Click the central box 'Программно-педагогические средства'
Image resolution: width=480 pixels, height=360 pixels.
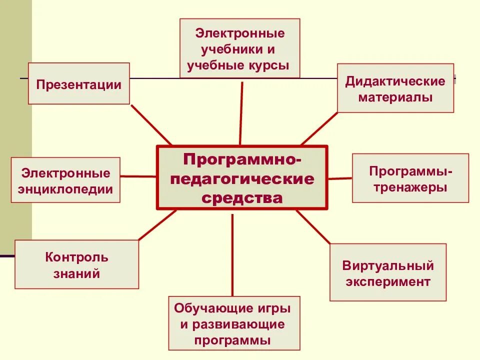(x=242, y=177)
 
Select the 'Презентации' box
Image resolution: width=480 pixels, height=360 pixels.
(x=78, y=83)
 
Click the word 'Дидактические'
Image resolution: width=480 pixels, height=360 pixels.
(x=395, y=81)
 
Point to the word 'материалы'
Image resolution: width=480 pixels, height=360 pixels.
(x=395, y=97)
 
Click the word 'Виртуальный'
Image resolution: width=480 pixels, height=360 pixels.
(x=388, y=265)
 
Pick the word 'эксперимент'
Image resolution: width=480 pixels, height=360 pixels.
(x=388, y=281)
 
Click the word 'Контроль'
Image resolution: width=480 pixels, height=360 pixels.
(x=76, y=257)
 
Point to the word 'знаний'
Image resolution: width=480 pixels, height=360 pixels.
(x=76, y=274)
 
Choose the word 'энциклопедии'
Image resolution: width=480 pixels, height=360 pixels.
(x=65, y=189)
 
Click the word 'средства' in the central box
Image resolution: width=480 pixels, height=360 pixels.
(x=242, y=198)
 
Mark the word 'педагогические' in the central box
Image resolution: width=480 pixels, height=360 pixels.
(x=242, y=178)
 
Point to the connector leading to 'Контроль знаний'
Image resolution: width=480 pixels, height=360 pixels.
(x=157, y=225)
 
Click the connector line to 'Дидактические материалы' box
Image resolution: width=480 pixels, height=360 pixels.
(x=319, y=128)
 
